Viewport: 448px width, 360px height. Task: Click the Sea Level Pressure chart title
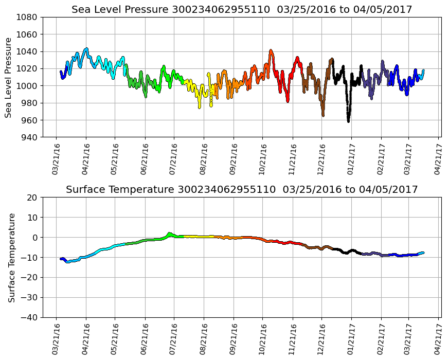pyautogui.click(x=242, y=9)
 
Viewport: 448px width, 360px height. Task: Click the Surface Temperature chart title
pyautogui.click(x=242, y=190)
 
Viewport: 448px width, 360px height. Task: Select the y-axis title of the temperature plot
pyautogui.click(x=11, y=257)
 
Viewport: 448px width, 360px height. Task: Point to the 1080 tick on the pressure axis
pyautogui.click(x=26, y=17)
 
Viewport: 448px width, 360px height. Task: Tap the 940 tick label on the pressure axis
pyautogui.click(x=29, y=137)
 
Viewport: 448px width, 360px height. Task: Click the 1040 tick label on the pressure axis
pyautogui.click(x=26, y=51)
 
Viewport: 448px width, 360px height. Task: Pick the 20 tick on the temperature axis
pyautogui.click(x=32, y=197)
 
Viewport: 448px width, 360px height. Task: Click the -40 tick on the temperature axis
pyautogui.click(x=29, y=317)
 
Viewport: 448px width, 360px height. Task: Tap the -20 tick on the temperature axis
pyautogui.click(x=29, y=277)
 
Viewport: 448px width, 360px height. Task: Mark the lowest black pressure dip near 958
pyautogui.click(x=348, y=121)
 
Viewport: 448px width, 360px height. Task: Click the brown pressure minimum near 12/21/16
pyautogui.click(x=322, y=115)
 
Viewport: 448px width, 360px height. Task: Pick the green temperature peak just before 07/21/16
pyautogui.click(x=169, y=233)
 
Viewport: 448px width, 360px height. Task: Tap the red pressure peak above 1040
pyautogui.click(x=271, y=50)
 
